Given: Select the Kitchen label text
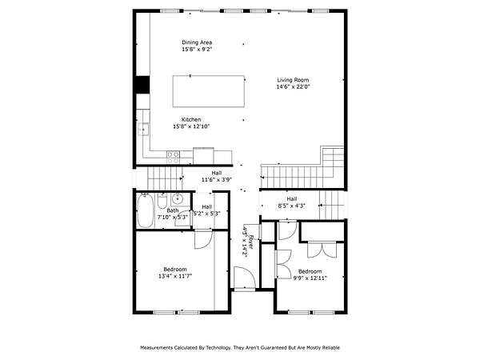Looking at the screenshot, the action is pos(191,120).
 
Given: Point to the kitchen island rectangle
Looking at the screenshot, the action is pos(209,91).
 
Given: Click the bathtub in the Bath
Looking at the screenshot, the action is pos(145,210).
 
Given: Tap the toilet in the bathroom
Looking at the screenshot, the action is pos(162,201).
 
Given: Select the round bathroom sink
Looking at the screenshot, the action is pos(177,199).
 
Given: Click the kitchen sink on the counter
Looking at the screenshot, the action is pos(143,129).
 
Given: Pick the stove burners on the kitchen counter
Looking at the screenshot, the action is pos(173,158).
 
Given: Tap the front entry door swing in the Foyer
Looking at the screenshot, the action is pos(244,278).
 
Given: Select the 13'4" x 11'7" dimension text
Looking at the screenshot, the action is pos(175,276).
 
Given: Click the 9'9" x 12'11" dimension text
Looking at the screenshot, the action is pos(310,278).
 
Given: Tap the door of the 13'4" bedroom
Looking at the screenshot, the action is pos(203,239).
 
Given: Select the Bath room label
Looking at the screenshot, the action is pos(172,210).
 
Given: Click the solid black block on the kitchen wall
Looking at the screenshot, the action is pos(142,85).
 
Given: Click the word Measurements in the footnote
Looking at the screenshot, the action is pos(157,348).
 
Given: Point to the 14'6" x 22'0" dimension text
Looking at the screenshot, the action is pos(293,86).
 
